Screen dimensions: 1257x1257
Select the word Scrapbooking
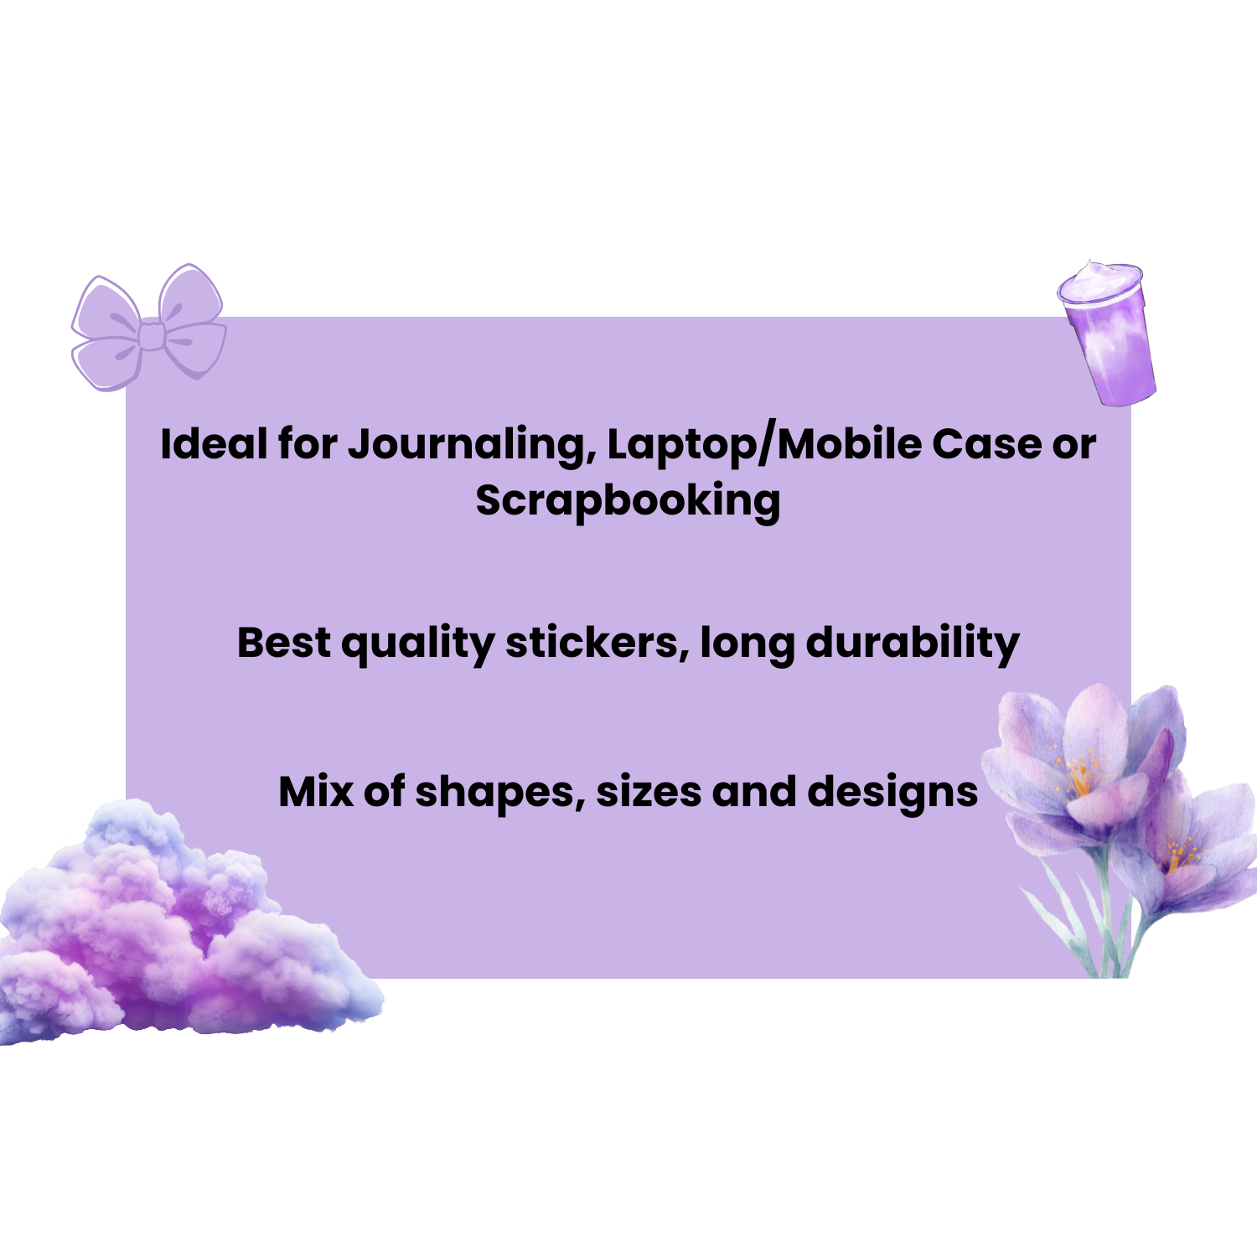click(x=628, y=501)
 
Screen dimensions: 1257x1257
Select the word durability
click(x=913, y=644)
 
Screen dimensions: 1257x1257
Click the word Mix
click(x=316, y=792)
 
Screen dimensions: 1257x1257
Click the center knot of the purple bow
click(x=152, y=335)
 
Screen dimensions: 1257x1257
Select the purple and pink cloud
click(x=176, y=930)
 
